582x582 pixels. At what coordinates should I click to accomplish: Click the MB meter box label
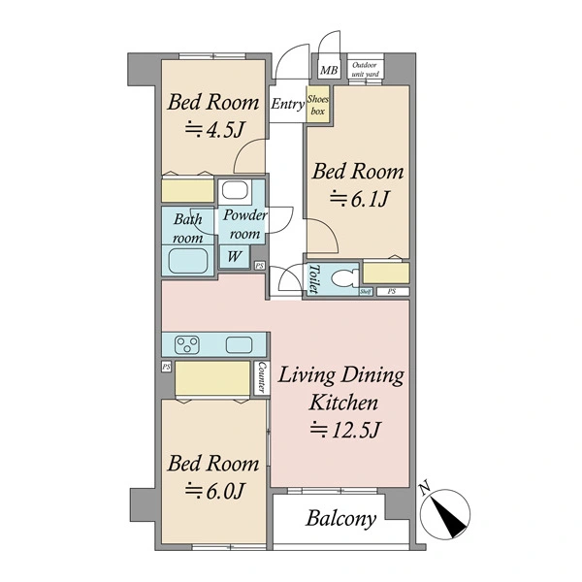[329, 70]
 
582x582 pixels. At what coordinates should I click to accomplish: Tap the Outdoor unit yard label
[365, 70]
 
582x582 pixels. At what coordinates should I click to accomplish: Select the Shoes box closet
[318, 105]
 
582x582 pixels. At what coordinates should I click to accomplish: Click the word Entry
[287, 105]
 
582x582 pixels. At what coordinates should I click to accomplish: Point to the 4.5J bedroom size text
[214, 130]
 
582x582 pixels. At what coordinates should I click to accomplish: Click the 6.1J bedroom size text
[359, 199]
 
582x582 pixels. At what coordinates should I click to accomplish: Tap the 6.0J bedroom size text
[214, 491]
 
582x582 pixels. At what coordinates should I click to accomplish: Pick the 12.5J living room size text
[345, 430]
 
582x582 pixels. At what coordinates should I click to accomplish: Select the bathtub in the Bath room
[188, 260]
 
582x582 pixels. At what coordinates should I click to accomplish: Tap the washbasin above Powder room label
[235, 191]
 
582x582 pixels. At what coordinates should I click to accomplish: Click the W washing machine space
[234, 256]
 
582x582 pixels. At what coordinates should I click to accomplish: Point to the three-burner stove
[187, 344]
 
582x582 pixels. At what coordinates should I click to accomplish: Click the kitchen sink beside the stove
[240, 344]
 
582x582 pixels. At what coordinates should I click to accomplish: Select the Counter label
[261, 378]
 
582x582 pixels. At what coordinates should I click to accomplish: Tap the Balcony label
[340, 519]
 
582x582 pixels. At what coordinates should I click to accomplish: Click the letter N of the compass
[424, 489]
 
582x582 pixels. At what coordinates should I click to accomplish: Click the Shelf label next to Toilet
[366, 292]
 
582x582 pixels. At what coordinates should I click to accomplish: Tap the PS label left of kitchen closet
[167, 367]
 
